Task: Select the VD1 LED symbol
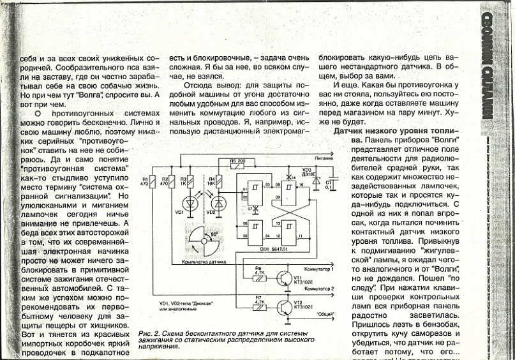[x=189, y=202]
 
